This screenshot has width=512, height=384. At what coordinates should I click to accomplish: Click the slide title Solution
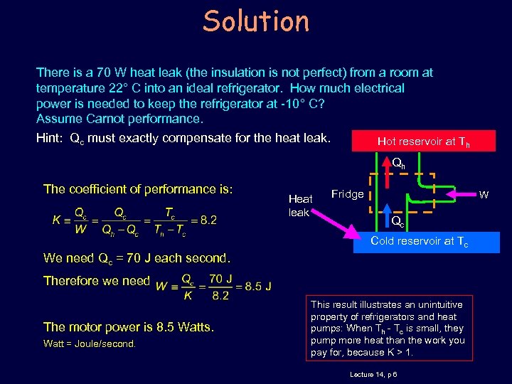pos(256,21)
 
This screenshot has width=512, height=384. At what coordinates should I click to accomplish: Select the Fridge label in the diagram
pos(347,194)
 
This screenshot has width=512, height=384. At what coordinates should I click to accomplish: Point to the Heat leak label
pos(300,206)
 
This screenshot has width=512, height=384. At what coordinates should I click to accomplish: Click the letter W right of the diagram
pos(483,193)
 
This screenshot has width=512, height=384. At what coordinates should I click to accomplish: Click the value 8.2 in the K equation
pos(208,220)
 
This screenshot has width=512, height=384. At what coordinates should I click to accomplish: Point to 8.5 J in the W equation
pos(257,287)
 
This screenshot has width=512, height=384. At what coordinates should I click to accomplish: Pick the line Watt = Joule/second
pos(90,344)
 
